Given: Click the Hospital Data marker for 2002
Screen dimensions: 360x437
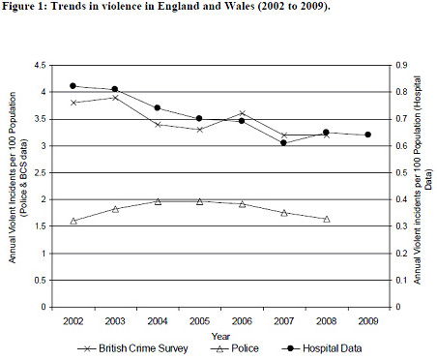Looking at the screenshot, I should pyautogui.click(x=73, y=86).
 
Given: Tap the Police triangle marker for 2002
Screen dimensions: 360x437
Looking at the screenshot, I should pyautogui.click(x=73, y=221).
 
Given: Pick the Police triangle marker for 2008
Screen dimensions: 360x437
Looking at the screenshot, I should pyautogui.click(x=326, y=219).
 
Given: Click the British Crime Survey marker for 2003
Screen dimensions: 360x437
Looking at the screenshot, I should pyautogui.click(x=115, y=97).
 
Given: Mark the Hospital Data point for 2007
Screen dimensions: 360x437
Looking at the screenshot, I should pyautogui.click(x=283, y=142).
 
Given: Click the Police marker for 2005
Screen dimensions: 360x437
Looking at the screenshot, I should pyautogui.click(x=199, y=201).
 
